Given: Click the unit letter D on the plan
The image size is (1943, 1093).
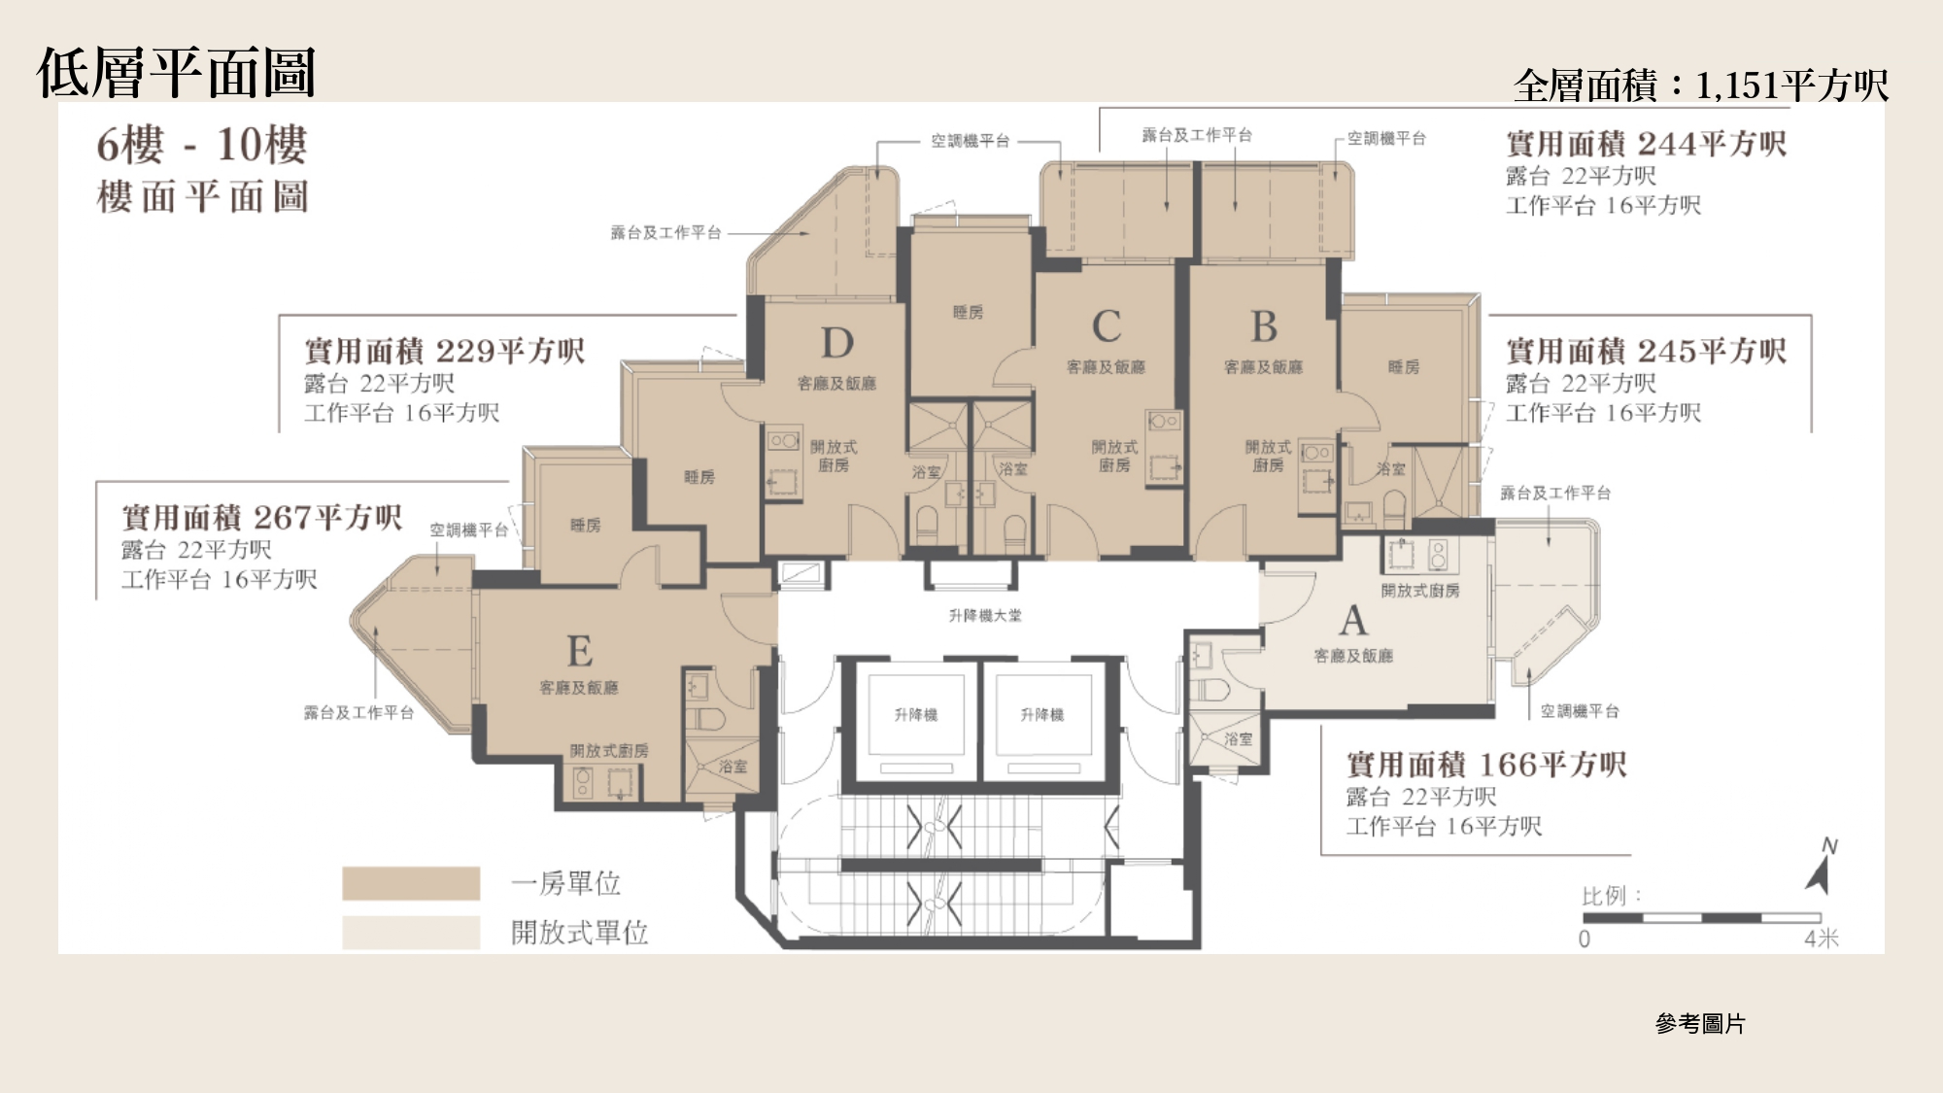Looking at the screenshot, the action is (837, 343).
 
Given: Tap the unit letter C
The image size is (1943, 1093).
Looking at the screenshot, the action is (1107, 326).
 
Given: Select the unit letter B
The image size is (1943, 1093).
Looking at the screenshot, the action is (1264, 326).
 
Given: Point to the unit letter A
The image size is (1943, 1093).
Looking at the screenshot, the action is (1353, 620).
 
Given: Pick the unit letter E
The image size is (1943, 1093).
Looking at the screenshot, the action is (580, 650).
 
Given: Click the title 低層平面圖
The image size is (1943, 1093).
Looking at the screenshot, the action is (176, 73).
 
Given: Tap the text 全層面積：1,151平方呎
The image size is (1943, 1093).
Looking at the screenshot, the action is (1700, 85).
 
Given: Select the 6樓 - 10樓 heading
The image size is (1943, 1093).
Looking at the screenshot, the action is (202, 145).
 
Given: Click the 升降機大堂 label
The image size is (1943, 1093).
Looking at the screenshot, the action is (985, 615).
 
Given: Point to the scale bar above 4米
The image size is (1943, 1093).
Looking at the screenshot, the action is (1702, 918).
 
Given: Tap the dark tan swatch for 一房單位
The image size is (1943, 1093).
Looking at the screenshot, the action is (411, 883).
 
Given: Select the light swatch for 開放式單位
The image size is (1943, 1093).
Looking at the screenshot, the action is (411, 933).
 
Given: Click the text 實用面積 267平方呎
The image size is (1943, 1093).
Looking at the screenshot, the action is (262, 517).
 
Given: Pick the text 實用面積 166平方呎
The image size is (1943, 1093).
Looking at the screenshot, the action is (1486, 764).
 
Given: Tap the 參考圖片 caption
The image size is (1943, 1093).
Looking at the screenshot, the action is (1700, 1023).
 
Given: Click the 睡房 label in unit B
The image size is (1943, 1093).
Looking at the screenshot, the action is (1404, 367).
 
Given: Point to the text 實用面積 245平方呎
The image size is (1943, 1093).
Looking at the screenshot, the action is (1647, 351).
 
